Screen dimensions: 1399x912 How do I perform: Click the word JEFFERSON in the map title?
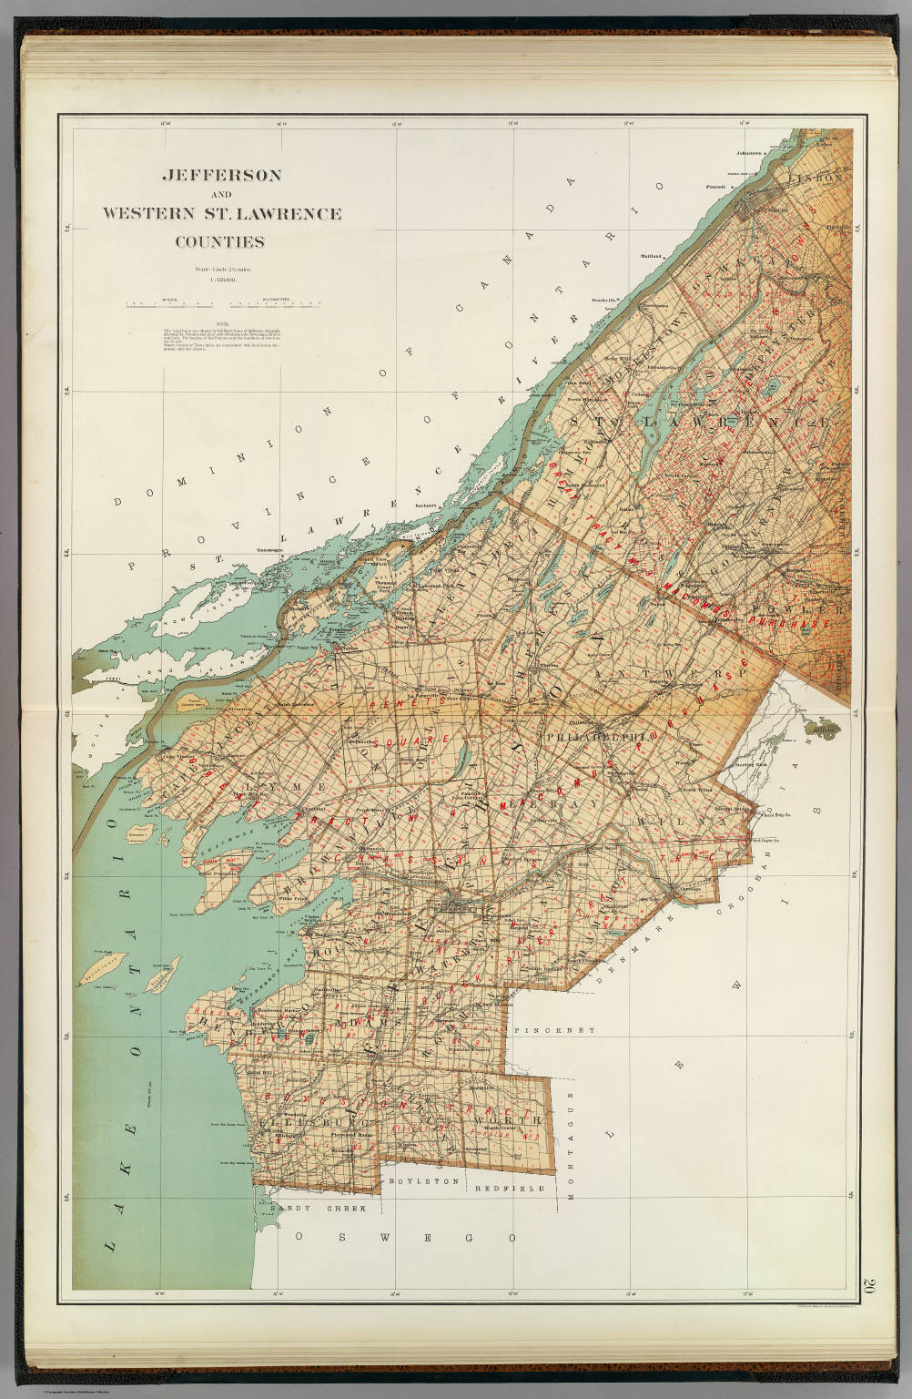coord(221,174)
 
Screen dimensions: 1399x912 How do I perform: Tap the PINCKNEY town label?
coord(554,1030)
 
